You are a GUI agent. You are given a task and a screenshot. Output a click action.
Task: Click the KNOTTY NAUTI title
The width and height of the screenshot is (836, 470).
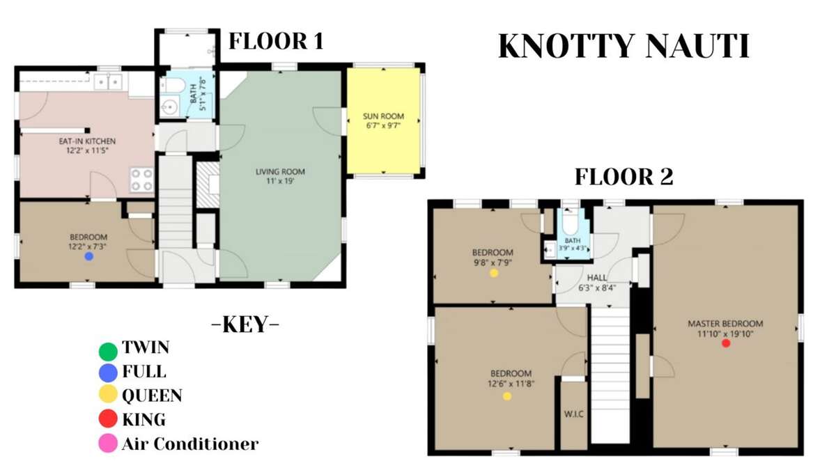pos(624,47)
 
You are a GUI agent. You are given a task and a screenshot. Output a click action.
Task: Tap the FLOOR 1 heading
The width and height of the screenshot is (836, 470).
pos(276,41)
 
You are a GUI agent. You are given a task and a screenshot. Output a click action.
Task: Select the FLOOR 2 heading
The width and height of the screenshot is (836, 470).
pos(624,177)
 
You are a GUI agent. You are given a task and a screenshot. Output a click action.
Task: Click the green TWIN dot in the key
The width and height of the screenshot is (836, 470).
pos(108,352)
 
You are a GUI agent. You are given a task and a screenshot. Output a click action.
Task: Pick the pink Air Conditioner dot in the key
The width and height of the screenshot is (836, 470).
pos(108,444)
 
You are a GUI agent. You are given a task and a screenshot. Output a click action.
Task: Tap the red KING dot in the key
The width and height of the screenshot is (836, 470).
pos(108,418)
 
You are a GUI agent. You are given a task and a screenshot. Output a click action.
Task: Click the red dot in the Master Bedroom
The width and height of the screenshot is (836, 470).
pos(726,343)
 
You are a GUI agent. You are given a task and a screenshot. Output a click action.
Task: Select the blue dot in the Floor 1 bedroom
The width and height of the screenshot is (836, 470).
pos(89,256)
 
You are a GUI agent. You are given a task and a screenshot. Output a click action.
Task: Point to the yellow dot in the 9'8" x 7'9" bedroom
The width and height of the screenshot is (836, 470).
pos(494,273)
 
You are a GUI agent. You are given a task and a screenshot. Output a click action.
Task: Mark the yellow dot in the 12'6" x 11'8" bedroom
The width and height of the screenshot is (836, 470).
pos(507,396)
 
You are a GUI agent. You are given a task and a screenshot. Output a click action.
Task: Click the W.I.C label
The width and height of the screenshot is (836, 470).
pos(573,414)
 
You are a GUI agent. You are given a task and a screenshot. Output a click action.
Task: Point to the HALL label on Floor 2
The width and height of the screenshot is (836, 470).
pos(597,278)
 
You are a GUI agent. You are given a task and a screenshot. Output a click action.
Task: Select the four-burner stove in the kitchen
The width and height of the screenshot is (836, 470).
pos(142,180)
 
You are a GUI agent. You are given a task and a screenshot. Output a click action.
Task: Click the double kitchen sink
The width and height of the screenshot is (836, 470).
pos(108,81)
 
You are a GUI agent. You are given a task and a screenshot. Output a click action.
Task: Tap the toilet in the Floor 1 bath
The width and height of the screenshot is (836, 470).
pos(173,85)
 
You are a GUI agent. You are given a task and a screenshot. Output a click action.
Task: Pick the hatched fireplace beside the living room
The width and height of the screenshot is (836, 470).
pos(208,185)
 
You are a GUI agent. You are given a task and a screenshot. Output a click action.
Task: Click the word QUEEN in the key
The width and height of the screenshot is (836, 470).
pos(153,395)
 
